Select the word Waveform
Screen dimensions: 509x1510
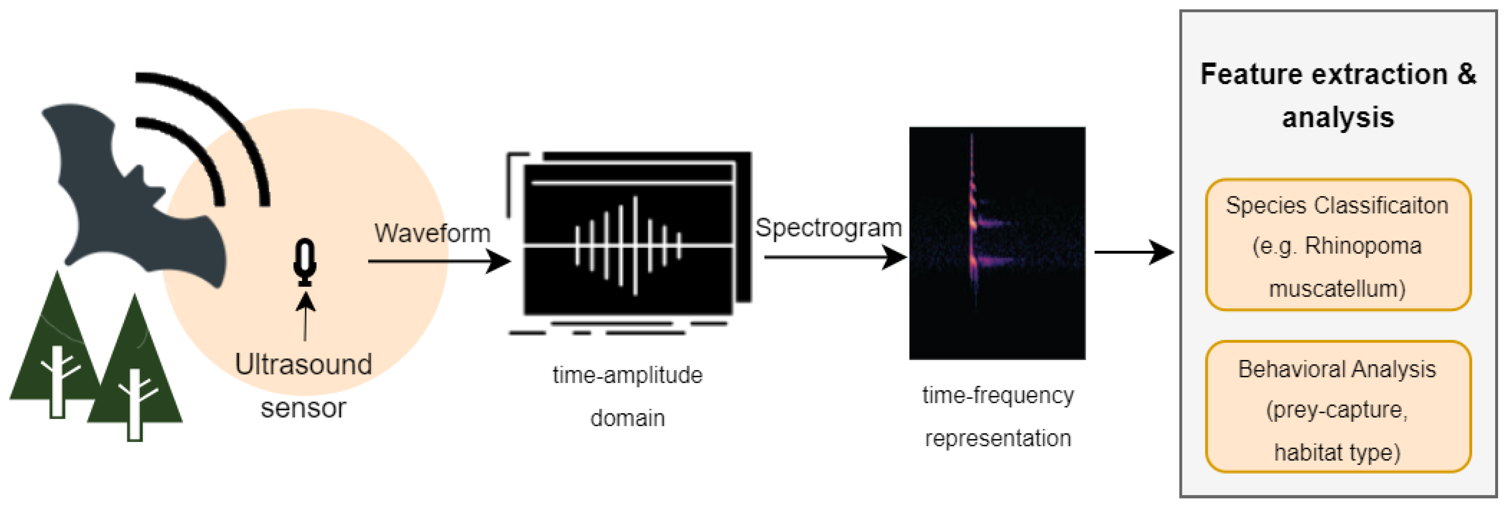tap(432, 233)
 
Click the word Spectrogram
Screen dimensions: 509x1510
tap(828, 227)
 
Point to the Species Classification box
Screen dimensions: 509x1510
tap(1337, 245)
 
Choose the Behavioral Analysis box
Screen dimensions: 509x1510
tap(1337, 407)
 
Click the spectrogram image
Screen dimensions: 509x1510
tap(997, 243)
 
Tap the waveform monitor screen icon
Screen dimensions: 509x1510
tap(629, 240)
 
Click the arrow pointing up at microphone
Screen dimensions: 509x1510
tap(305, 317)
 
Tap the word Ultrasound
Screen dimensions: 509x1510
tap(303, 365)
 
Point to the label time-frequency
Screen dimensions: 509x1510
tap(998, 395)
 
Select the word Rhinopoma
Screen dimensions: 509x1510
tap(1363, 246)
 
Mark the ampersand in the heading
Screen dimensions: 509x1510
tap(1467, 74)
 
